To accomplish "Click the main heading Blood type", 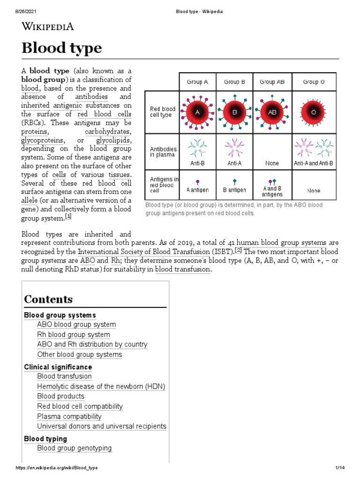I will [62, 48].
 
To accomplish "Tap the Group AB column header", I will [272, 82].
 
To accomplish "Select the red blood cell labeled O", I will [314, 112].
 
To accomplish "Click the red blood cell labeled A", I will [197, 112].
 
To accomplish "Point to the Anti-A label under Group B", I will [234, 163].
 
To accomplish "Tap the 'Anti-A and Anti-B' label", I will [313, 163].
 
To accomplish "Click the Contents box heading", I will [48, 299].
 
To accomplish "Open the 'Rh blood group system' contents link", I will [74, 335].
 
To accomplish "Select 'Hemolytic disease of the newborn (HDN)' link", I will [101, 387].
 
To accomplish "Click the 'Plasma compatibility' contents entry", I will [69, 416].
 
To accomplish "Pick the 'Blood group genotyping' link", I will [75, 448].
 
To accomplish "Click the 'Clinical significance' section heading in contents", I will [58, 367].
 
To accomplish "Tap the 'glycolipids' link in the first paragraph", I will [114, 141].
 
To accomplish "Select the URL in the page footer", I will [57, 468].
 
